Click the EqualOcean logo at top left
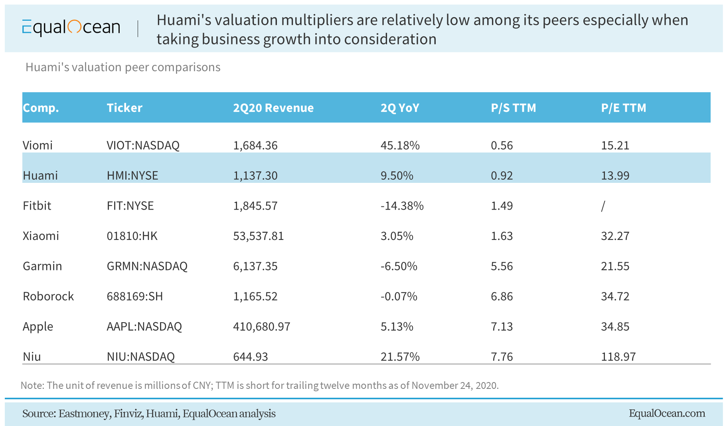[71, 28]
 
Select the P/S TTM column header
[513, 108]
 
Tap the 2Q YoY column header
[400, 108]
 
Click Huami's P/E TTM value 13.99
[615, 175]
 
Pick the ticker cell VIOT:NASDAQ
[143, 145]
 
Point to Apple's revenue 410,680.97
[261, 326]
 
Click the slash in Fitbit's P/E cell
[603, 206]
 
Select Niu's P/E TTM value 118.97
[618, 356]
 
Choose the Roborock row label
[48, 296]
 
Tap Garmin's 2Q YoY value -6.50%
[399, 266]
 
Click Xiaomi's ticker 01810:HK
[132, 236]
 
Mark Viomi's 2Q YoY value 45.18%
[400, 145]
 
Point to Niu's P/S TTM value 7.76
[502, 356]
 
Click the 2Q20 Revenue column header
[273, 108]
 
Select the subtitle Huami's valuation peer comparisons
[123, 67]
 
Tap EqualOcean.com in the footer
[667, 413]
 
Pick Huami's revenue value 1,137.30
[255, 175]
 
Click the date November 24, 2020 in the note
[454, 385]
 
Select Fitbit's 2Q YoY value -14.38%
[402, 206]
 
